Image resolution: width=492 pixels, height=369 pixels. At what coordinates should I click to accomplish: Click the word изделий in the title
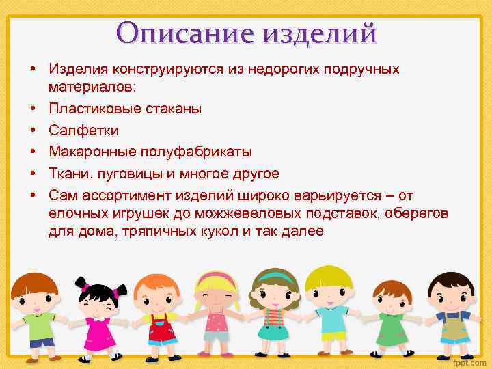coord(318,32)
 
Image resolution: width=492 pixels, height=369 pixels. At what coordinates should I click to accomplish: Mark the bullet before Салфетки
coord(32,130)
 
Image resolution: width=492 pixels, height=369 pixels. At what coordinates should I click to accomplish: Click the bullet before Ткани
coord(32,172)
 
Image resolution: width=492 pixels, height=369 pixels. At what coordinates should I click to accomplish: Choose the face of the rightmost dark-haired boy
coord(452,297)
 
